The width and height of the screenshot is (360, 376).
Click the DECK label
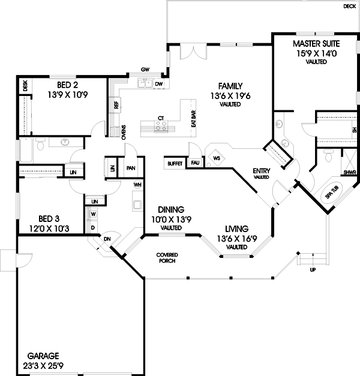(349, 6)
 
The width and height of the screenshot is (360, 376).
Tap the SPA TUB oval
(332, 192)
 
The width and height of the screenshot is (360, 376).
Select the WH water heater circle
(137, 185)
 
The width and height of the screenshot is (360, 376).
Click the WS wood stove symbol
(217, 158)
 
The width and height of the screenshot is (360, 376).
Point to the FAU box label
(195, 163)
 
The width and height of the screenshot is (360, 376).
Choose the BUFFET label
(175, 164)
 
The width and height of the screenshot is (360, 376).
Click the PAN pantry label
(131, 168)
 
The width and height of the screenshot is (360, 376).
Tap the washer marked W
(94, 213)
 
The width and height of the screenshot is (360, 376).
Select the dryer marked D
(93, 228)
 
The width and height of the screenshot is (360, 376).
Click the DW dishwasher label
(159, 84)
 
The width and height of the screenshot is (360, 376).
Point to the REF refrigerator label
(116, 105)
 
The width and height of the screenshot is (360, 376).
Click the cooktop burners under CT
(161, 126)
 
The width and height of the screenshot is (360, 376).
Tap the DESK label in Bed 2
(25, 86)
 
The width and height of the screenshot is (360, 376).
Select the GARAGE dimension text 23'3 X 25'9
(43, 366)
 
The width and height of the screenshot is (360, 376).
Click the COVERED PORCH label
(167, 258)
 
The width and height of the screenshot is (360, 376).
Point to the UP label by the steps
(313, 270)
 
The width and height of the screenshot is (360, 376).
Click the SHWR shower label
(350, 173)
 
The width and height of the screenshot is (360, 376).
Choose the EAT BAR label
(194, 119)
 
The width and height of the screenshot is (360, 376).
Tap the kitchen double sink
(145, 83)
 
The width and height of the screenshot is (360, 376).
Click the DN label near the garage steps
(107, 239)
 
